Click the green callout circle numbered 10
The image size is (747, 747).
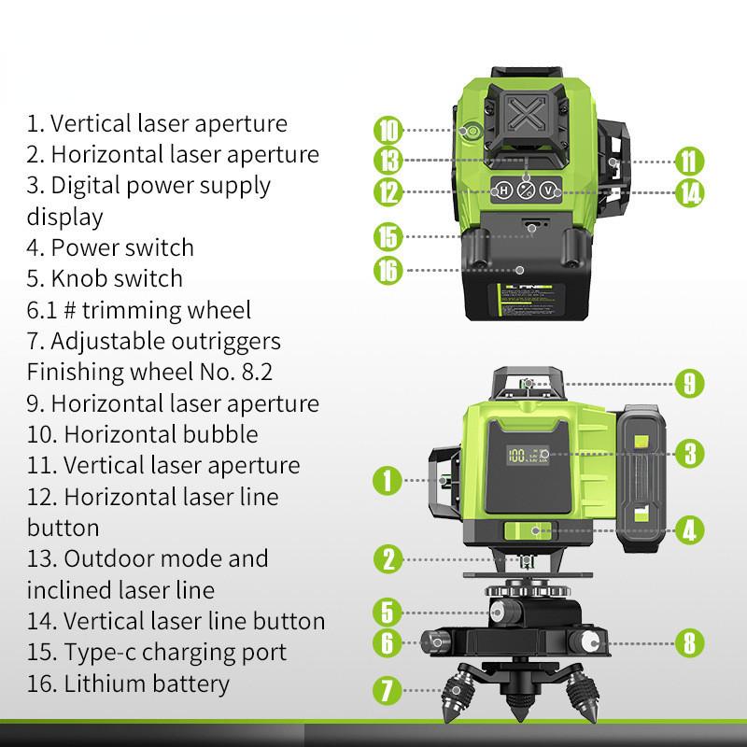(x=388, y=129)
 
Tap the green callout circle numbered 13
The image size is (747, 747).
(x=388, y=160)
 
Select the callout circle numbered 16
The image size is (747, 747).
(x=388, y=270)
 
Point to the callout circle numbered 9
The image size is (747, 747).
(x=689, y=382)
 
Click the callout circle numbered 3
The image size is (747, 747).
(x=689, y=454)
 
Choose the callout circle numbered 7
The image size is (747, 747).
(x=388, y=692)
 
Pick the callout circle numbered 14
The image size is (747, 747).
(x=689, y=192)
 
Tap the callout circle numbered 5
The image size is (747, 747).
(x=388, y=613)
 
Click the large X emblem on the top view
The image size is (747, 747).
(x=528, y=120)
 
